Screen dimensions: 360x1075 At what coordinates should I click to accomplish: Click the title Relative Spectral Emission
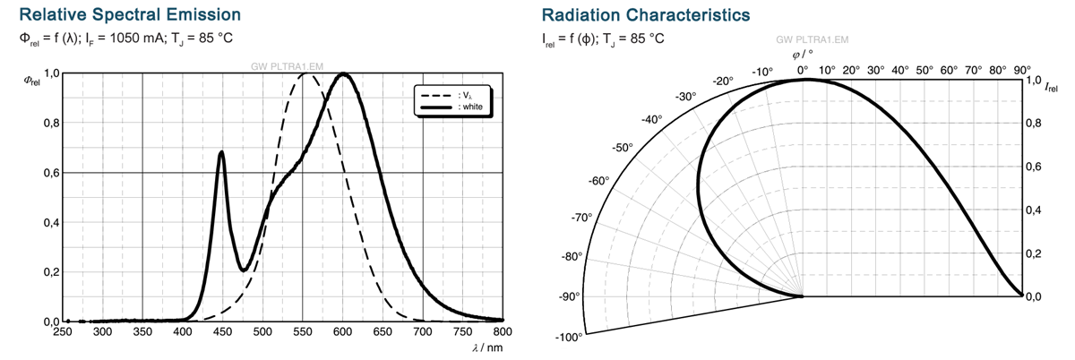(x=130, y=15)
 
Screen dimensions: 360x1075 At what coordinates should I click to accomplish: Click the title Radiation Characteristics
(x=646, y=15)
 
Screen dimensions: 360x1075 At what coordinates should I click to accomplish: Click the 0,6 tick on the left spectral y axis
(x=51, y=173)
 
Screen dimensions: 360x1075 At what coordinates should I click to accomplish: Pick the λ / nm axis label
(x=487, y=347)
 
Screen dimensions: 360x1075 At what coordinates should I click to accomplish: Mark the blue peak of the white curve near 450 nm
(x=221, y=152)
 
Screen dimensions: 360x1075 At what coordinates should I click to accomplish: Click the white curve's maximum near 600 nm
(x=343, y=74)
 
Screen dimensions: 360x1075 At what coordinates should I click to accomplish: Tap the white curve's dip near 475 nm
(x=243, y=270)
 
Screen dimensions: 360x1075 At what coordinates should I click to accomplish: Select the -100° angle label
(x=570, y=338)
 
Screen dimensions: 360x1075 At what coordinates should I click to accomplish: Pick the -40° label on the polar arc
(x=652, y=119)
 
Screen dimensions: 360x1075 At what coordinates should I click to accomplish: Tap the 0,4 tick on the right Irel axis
(x=1033, y=210)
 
